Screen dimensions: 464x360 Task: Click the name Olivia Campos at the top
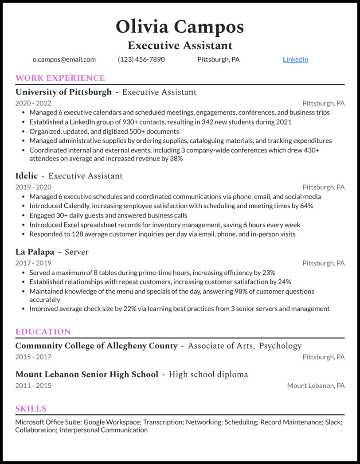[x=180, y=27]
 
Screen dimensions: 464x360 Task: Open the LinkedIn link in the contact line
[x=295, y=59]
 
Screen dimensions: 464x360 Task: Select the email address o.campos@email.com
[x=64, y=59]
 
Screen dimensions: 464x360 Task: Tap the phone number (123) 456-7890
[x=141, y=59]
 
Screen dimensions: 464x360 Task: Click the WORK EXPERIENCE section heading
[x=60, y=78]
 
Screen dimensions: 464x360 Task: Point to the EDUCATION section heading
[x=43, y=332]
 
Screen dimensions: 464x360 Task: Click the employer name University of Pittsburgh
[x=63, y=92]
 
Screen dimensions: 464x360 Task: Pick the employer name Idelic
[x=27, y=176]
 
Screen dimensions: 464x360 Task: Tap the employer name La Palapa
[x=35, y=252]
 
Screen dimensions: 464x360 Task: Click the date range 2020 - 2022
[x=33, y=103]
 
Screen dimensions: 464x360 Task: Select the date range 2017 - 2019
[x=33, y=263]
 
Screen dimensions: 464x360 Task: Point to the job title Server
[x=77, y=252]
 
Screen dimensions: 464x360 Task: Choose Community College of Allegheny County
[x=96, y=346]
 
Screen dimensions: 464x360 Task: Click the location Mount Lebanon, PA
[x=316, y=386]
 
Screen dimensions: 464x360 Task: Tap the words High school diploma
[x=208, y=374]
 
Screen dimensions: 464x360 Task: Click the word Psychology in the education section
[x=280, y=346]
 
